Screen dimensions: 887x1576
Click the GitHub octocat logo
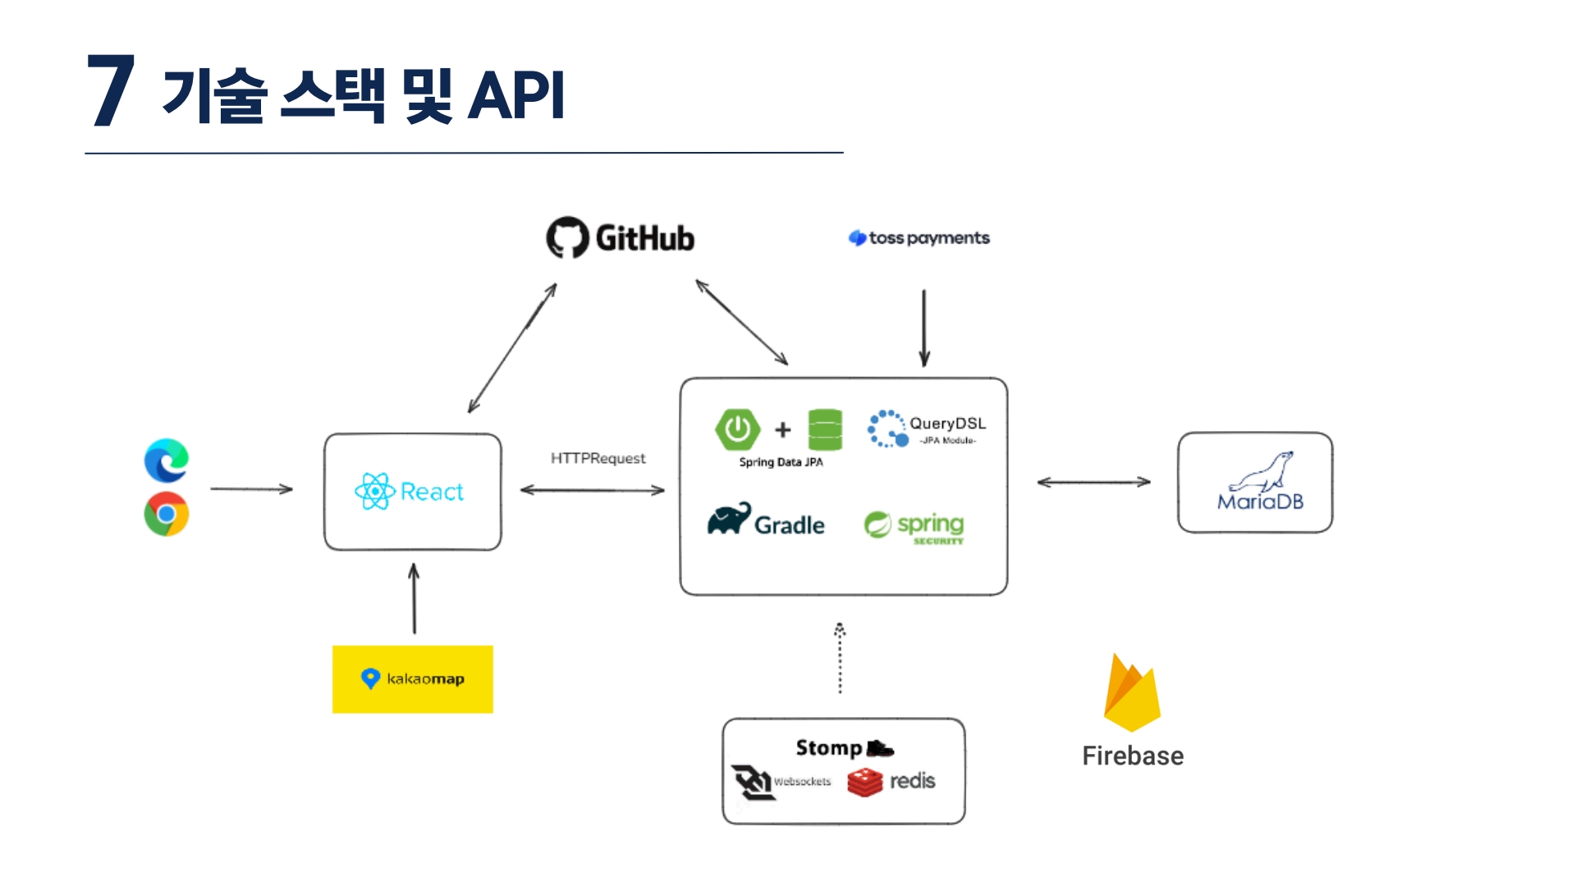pos(567,237)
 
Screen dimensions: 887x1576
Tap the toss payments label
pos(928,238)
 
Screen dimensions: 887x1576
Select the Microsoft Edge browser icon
pos(167,461)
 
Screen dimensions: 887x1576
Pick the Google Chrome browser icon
pos(167,514)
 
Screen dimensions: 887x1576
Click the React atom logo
pos(375,491)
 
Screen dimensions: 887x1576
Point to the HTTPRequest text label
pos(598,458)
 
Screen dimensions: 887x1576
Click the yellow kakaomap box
pos(413,679)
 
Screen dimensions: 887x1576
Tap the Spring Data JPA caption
pos(781,462)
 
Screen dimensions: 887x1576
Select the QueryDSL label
pos(947,423)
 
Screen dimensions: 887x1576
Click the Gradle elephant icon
pos(729,519)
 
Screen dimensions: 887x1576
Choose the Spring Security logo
pos(914,526)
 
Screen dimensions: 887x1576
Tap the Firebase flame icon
pos(1132,693)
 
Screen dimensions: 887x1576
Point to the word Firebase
pos(1133,756)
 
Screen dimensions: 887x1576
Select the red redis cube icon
pos(864,783)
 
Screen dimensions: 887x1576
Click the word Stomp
pos(828,748)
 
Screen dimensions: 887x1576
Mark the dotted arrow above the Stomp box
pos(840,658)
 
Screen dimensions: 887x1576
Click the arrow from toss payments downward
pos(924,328)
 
